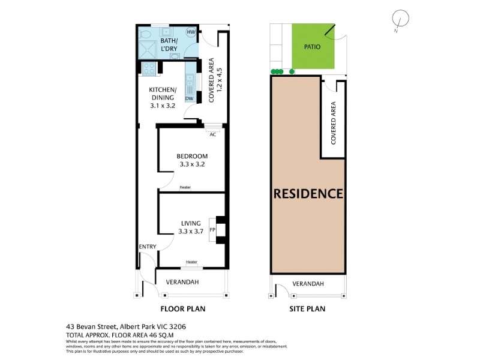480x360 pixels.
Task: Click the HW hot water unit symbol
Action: click(x=191, y=32)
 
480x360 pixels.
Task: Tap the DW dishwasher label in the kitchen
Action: click(x=190, y=98)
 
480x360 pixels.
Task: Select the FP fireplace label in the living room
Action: click(x=212, y=230)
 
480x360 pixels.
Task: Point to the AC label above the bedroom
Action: click(x=213, y=134)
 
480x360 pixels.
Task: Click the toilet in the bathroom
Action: click(x=144, y=34)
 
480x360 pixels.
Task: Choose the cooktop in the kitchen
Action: click(x=149, y=68)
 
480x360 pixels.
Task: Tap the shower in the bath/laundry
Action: click(x=147, y=50)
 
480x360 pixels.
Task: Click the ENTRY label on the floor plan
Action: click(x=148, y=247)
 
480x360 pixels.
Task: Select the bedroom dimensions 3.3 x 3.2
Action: click(x=192, y=164)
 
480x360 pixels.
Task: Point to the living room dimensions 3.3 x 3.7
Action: click(x=191, y=232)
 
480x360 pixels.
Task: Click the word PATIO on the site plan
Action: click(x=312, y=47)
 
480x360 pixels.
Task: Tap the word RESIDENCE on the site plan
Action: click(x=308, y=194)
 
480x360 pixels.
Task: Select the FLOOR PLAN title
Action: click(x=183, y=309)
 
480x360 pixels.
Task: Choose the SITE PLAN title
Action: click(x=307, y=309)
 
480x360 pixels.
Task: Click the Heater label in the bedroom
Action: click(x=185, y=187)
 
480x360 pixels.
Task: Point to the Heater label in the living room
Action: click(x=191, y=262)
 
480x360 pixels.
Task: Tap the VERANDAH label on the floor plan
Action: click(x=182, y=282)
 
